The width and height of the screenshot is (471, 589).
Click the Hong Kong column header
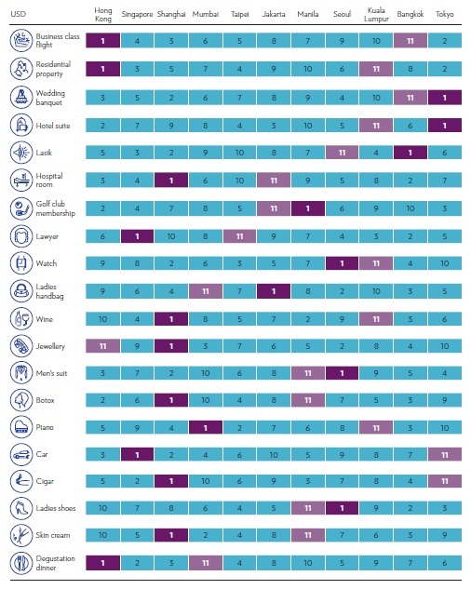click(x=102, y=14)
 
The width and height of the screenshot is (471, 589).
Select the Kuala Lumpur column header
click(x=376, y=14)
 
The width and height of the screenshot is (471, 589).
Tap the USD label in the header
click(x=18, y=14)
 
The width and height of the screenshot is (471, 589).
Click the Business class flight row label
click(x=58, y=41)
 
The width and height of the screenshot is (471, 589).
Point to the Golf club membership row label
click(x=55, y=208)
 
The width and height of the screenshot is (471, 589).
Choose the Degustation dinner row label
click(x=55, y=563)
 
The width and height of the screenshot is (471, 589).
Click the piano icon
click(x=21, y=427)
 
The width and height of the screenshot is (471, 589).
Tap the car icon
click(x=21, y=454)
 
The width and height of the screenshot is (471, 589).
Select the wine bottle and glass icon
click(x=21, y=319)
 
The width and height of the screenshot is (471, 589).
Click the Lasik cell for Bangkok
click(x=410, y=153)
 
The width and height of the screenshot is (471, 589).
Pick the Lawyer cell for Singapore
click(x=137, y=236)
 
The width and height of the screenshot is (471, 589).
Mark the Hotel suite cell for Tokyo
click(x=445, y=126)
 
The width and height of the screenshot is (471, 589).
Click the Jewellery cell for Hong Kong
click(x=102, y=346)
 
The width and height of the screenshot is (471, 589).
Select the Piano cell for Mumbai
click(x=205, y=427)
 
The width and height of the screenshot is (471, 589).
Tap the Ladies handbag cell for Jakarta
click(x=274, y=291)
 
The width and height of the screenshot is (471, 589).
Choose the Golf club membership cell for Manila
click(x=308, y=208)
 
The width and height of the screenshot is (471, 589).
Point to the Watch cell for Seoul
click(x=342, y=263)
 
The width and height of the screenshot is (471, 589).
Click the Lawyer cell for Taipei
click(x=239, y=236)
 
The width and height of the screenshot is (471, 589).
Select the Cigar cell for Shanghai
click(x=171, y=481)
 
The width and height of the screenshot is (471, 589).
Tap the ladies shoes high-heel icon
click(x=21, y=508)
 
